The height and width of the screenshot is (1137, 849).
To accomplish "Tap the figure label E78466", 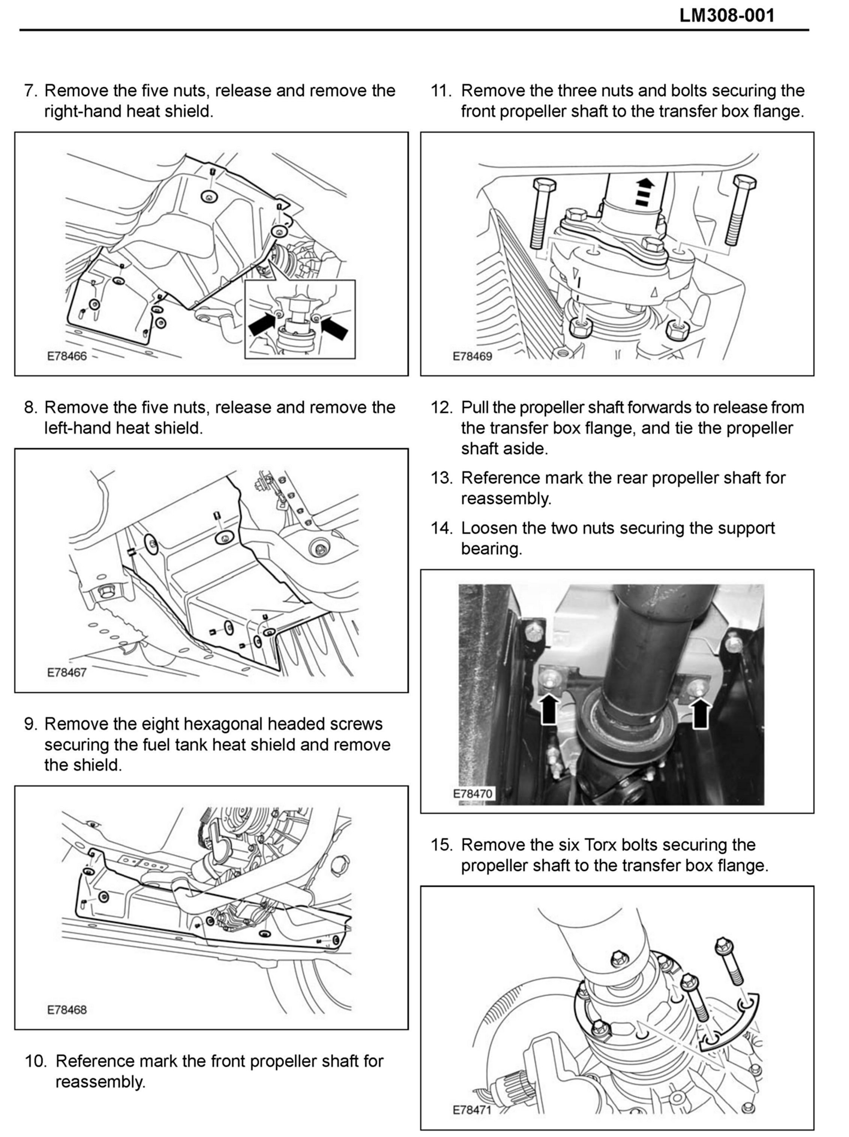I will point(67,356).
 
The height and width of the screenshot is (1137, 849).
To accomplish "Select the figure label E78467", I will point(67,672).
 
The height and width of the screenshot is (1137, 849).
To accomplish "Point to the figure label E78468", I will point(67,1010).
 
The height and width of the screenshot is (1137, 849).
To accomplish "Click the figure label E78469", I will point(472,356).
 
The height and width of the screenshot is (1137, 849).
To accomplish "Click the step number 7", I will point(30,91).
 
